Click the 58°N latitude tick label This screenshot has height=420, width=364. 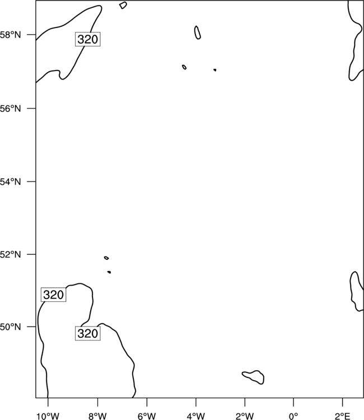click(10, 35)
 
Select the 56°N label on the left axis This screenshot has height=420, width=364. click(10, 109)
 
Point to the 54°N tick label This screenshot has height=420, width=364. click(10, 182)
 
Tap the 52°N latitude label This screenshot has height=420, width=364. click(10, 254)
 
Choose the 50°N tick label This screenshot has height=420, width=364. click(10, 327)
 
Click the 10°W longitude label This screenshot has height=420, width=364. click(48, 416)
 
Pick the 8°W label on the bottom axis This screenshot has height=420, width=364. click(97, 416)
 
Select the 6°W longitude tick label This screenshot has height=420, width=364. click(147, 416)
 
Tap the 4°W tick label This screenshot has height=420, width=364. click(196, 416)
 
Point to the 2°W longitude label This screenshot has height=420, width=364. click(245, 416)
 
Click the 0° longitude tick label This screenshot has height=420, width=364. click(293, 416)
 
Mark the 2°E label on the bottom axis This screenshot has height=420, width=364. click(342, 416)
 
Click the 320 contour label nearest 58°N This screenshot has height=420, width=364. click(87, 39)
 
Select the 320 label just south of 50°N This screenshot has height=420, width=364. click(87, 334)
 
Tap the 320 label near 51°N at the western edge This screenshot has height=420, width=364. click(53, 295)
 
